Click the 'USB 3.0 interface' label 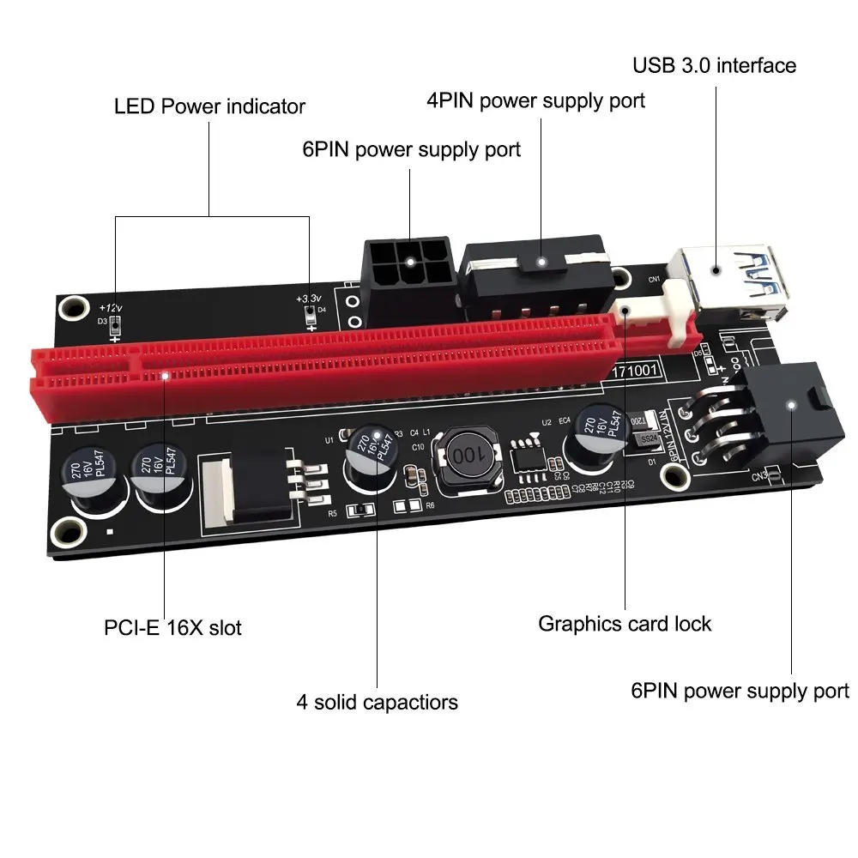[x=714, y=66]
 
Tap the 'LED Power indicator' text [x=209, y=107]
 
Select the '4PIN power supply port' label [x=535, y=101]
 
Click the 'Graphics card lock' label [x=624, y=623]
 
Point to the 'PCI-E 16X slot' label [x=172, y=628]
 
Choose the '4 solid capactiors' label [x=377, y=703]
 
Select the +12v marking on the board [x=110, y=308]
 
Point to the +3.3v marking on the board [x=309, y=299]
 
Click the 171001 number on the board [x=635, y=372]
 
